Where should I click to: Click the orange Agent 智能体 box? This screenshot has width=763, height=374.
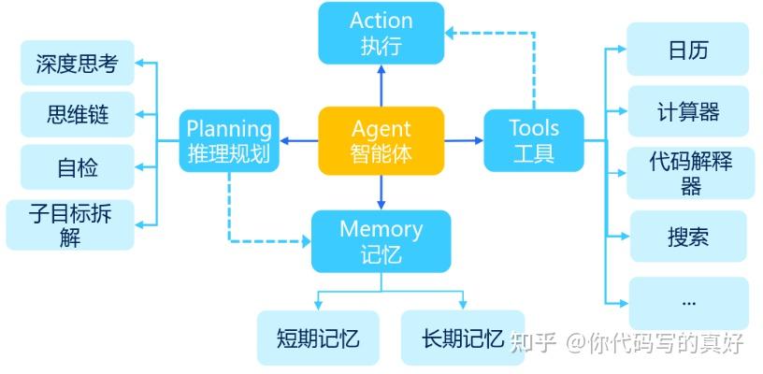[381, 140]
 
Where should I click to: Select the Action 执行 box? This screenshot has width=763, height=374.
[381, 33]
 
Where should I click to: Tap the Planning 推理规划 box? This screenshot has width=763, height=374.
[229, 140]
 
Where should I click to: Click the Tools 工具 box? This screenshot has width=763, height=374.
[534, 140]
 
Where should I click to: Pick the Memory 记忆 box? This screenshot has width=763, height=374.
[381, 241]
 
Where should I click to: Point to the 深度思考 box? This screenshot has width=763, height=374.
[77, 65]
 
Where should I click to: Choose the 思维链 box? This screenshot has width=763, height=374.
[77, 115]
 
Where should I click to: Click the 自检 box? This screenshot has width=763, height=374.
[77, 167]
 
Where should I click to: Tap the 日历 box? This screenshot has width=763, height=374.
[687, 50]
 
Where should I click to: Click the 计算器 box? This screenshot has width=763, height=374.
[687, 112]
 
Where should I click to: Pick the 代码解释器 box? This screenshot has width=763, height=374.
[690, 173]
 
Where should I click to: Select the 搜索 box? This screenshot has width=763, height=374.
[687, 237]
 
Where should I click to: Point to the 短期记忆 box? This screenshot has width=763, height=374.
[318, 338]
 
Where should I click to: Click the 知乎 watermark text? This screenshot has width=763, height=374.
[539, 342]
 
